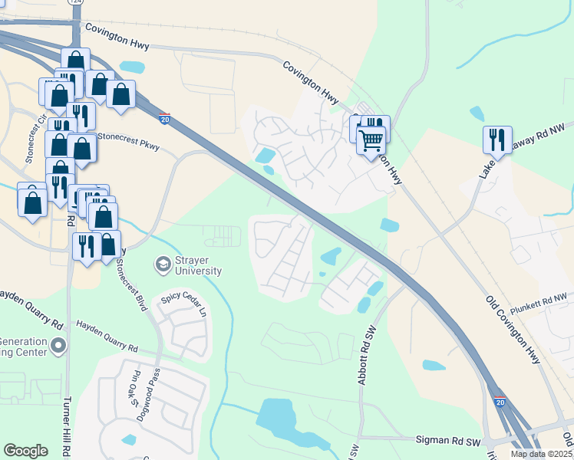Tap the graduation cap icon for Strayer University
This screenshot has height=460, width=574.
(163, 264)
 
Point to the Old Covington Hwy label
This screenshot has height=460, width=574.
(513, 329)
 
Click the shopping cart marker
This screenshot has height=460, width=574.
(371, 141)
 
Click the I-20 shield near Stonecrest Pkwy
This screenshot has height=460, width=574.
(164, 118)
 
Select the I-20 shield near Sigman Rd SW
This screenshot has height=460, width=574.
(500, 401)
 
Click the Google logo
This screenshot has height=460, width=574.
(26, 451)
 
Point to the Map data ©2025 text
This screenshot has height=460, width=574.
(542, 454)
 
